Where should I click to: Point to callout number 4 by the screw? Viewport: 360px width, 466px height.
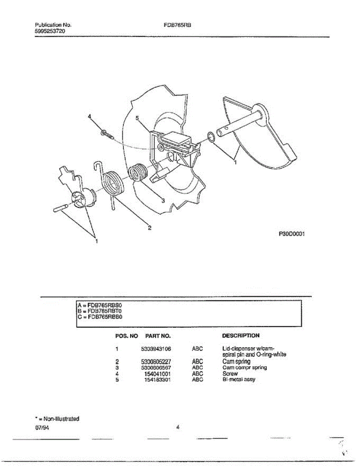[89, 116]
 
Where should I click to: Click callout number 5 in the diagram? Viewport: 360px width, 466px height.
[137, 118]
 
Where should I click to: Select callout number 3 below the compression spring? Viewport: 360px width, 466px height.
[163, 200]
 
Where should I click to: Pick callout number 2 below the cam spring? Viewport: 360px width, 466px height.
[149, 228]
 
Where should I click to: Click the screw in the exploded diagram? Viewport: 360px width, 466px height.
[107, 134]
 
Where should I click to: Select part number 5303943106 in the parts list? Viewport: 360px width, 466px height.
[156, 349]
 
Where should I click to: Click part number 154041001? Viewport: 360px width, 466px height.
[157, 374]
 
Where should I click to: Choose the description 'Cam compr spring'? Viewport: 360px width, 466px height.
[244, 367]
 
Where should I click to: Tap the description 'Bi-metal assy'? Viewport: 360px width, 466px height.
[239, 379]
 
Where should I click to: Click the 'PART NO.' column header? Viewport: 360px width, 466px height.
[158, 336]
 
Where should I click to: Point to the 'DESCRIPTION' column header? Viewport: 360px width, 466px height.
[240, 335]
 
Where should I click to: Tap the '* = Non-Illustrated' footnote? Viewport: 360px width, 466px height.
[57, 419]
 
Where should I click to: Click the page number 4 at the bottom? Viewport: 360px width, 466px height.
[177, 428]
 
